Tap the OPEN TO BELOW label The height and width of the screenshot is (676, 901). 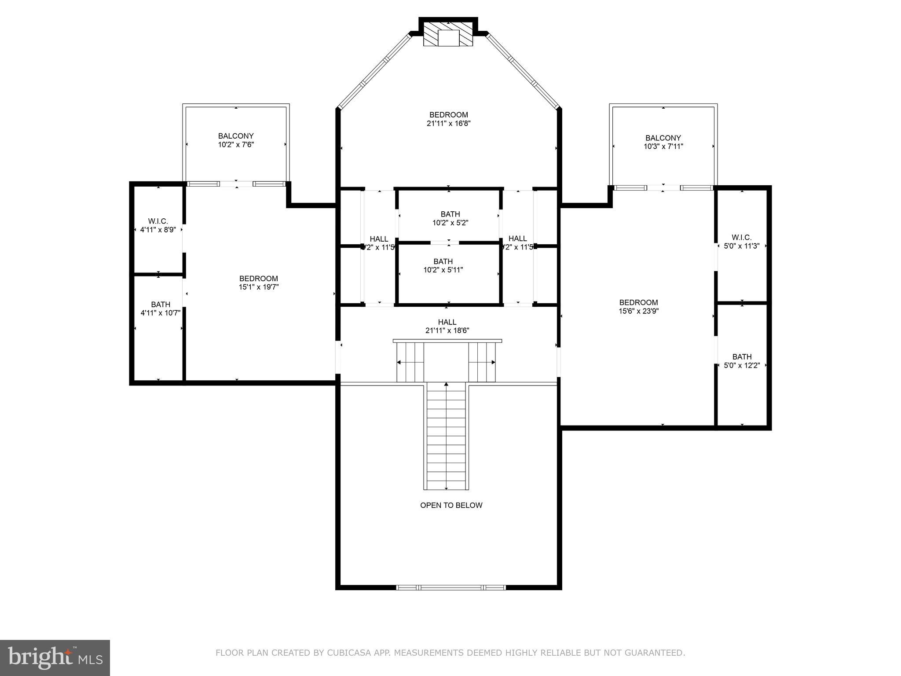point(451,505)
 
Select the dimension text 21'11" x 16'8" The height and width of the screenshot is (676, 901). point(449,124)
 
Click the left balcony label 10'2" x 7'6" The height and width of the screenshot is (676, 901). point(236,144)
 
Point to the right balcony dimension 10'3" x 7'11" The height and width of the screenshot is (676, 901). point(663,147)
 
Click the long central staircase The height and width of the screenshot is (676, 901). point(446,436)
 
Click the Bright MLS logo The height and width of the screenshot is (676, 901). point(55,658)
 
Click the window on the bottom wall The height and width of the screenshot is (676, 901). point(451,587)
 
